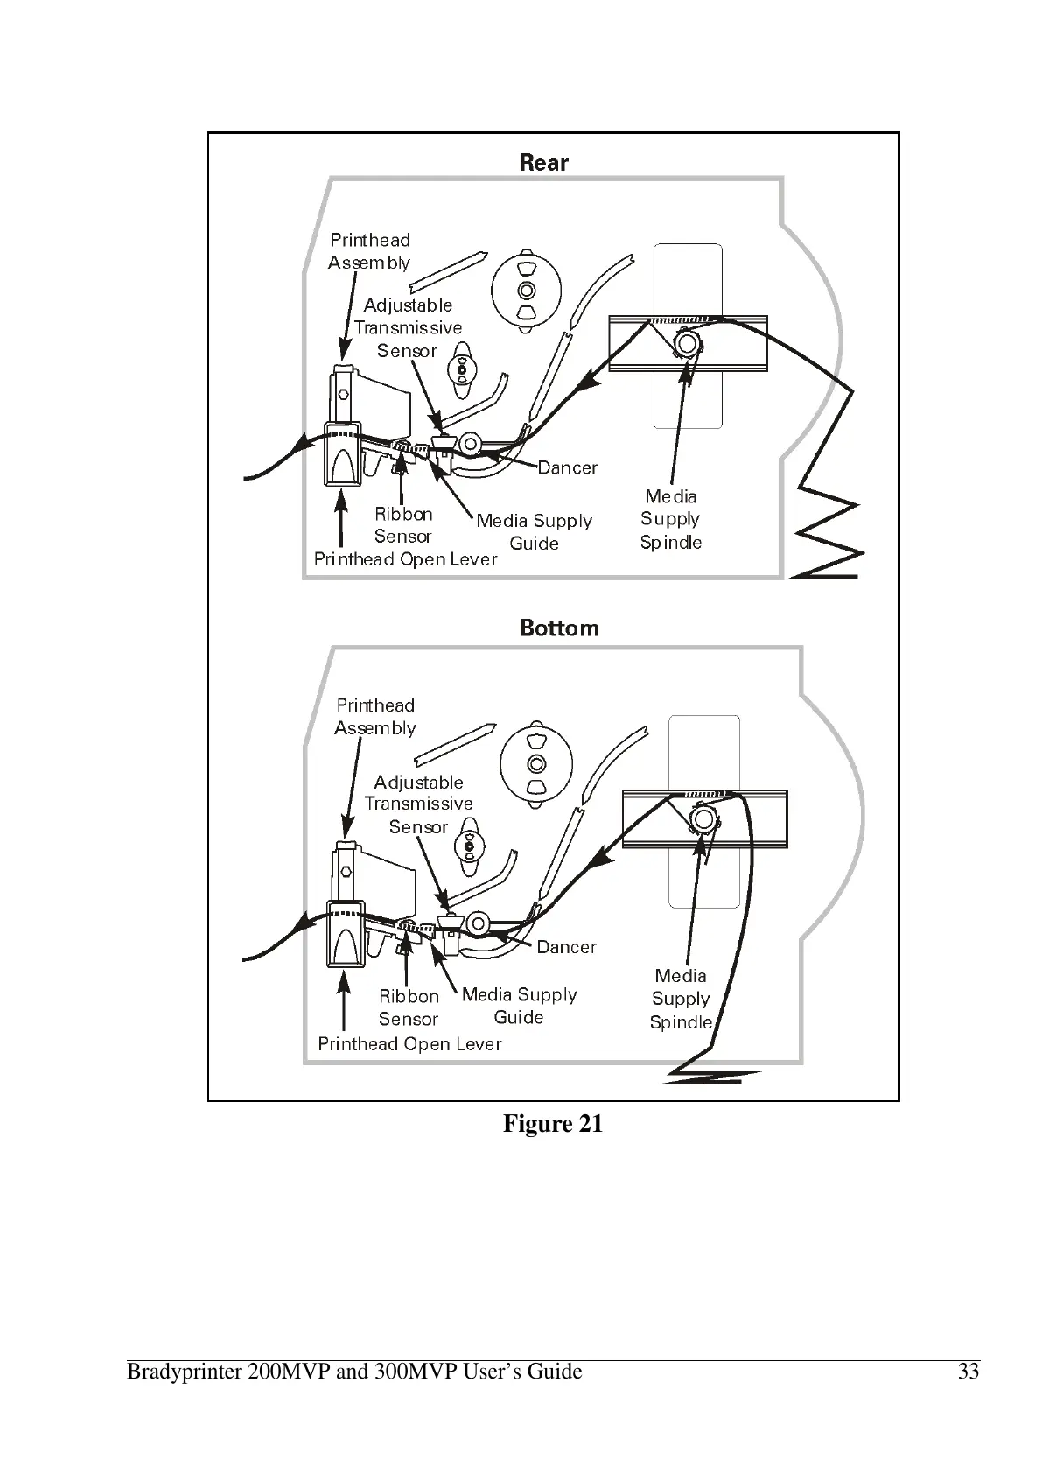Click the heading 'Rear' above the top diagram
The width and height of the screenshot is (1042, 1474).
pyautogui.click(x=543, y=163)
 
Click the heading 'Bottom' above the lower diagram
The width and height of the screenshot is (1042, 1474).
pyautogui.click(x=559, y=628)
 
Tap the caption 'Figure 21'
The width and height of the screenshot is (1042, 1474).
pyautogui.click(x=553, y=1124)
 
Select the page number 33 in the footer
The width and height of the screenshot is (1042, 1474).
pyautogui.click(x=968, y=1372)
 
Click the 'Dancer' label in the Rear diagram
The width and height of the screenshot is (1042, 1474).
pyautogui.click(x=567, y=468)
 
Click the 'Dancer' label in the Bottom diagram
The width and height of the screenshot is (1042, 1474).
pyautogui.click(x=566, y=947)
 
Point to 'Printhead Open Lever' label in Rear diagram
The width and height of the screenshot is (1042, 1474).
pyautogui.click(x=405, y=559)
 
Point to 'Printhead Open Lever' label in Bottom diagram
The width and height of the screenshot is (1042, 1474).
pyautogui.click(x=409, y=1044)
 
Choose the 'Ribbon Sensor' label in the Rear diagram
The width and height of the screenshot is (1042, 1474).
pyautogui.click(x=403, y=525)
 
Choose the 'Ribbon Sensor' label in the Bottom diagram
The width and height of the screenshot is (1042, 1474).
pyautogui.click(x=409, y=1007)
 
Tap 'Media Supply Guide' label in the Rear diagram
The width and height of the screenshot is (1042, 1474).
pyautogui.click(x=534, y=532)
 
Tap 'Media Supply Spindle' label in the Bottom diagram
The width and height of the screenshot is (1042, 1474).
pyautogui.click(x=681, y=999)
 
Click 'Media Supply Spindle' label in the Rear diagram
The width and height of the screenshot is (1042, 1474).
pyautogui.click(x=671, y=519)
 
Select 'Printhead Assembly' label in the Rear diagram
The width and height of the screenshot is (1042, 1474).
pyautogui.click(x=369, y=251)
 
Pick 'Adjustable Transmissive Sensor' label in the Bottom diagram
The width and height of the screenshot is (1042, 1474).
pyautogui.click(x=418, y=804)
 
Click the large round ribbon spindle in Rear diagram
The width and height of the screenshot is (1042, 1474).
pyautogui.click(x=526, y=291)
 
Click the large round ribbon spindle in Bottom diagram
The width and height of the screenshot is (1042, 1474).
pyautogui.click(x=535, y=763)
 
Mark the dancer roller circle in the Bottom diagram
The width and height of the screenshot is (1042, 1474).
pyautogui.click(x=478, y=923)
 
